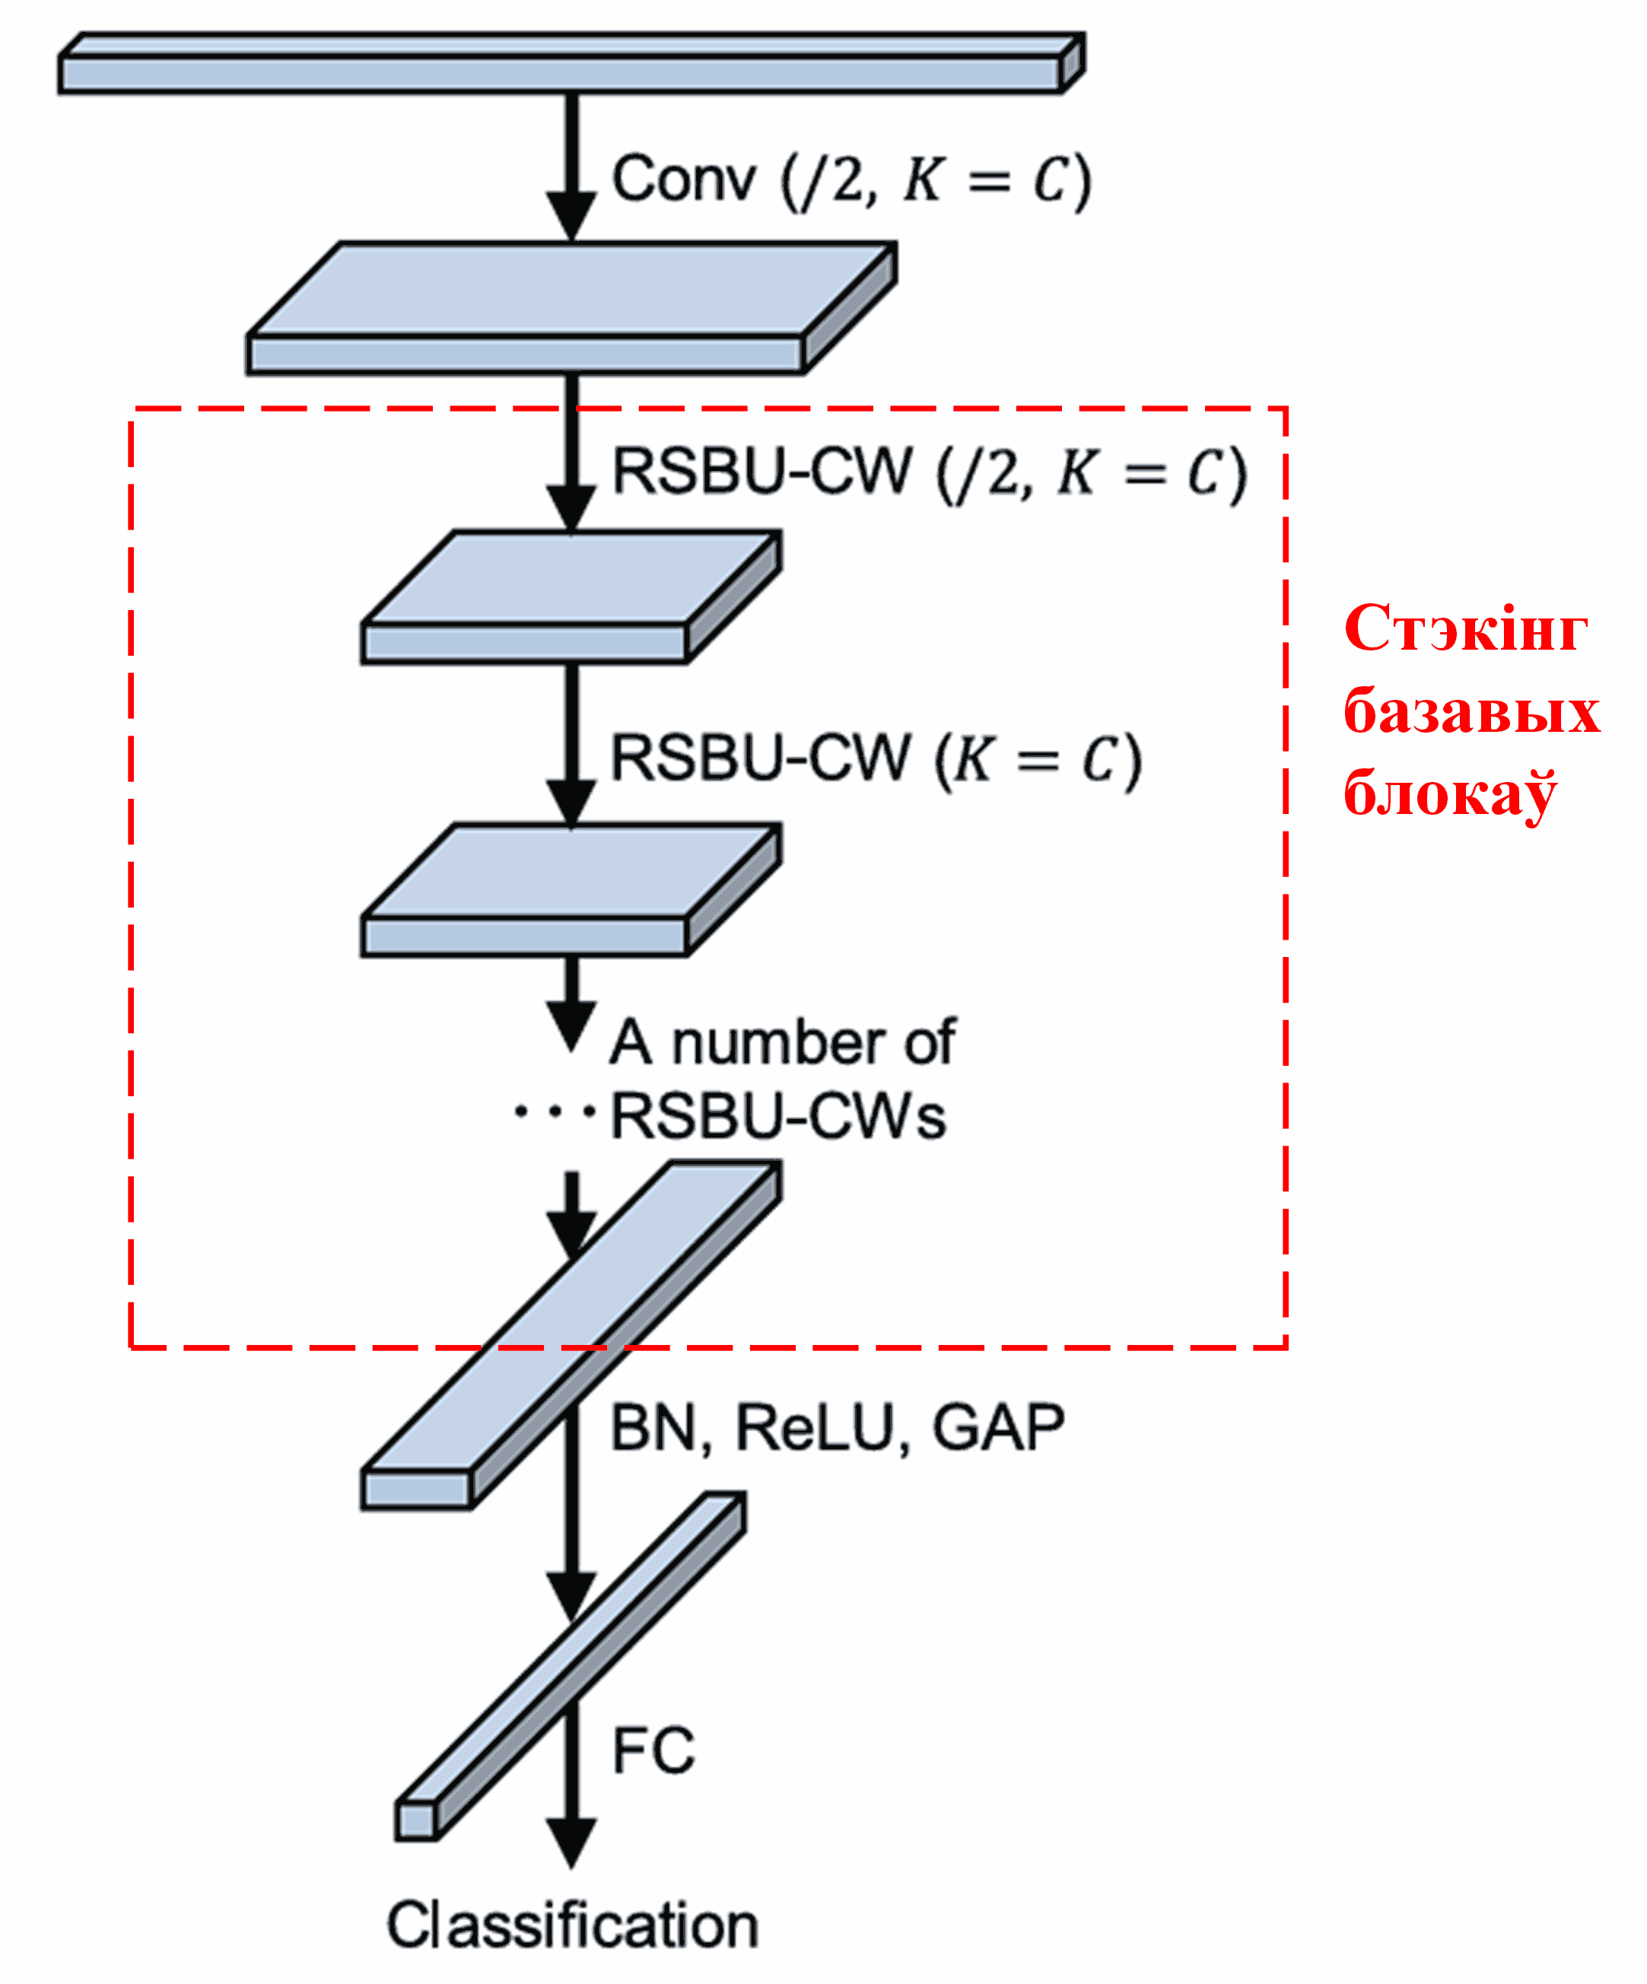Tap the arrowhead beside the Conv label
pyautogui.click(x=571, y=215)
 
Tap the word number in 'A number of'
pyautogui.click(x=780, y=1043)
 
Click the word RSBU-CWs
pyautogui.click(x=777, y=1118)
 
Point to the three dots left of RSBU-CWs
pyautogui.click(x=554, y=1112)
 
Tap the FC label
pyautogui.click(x=652, y=1750)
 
